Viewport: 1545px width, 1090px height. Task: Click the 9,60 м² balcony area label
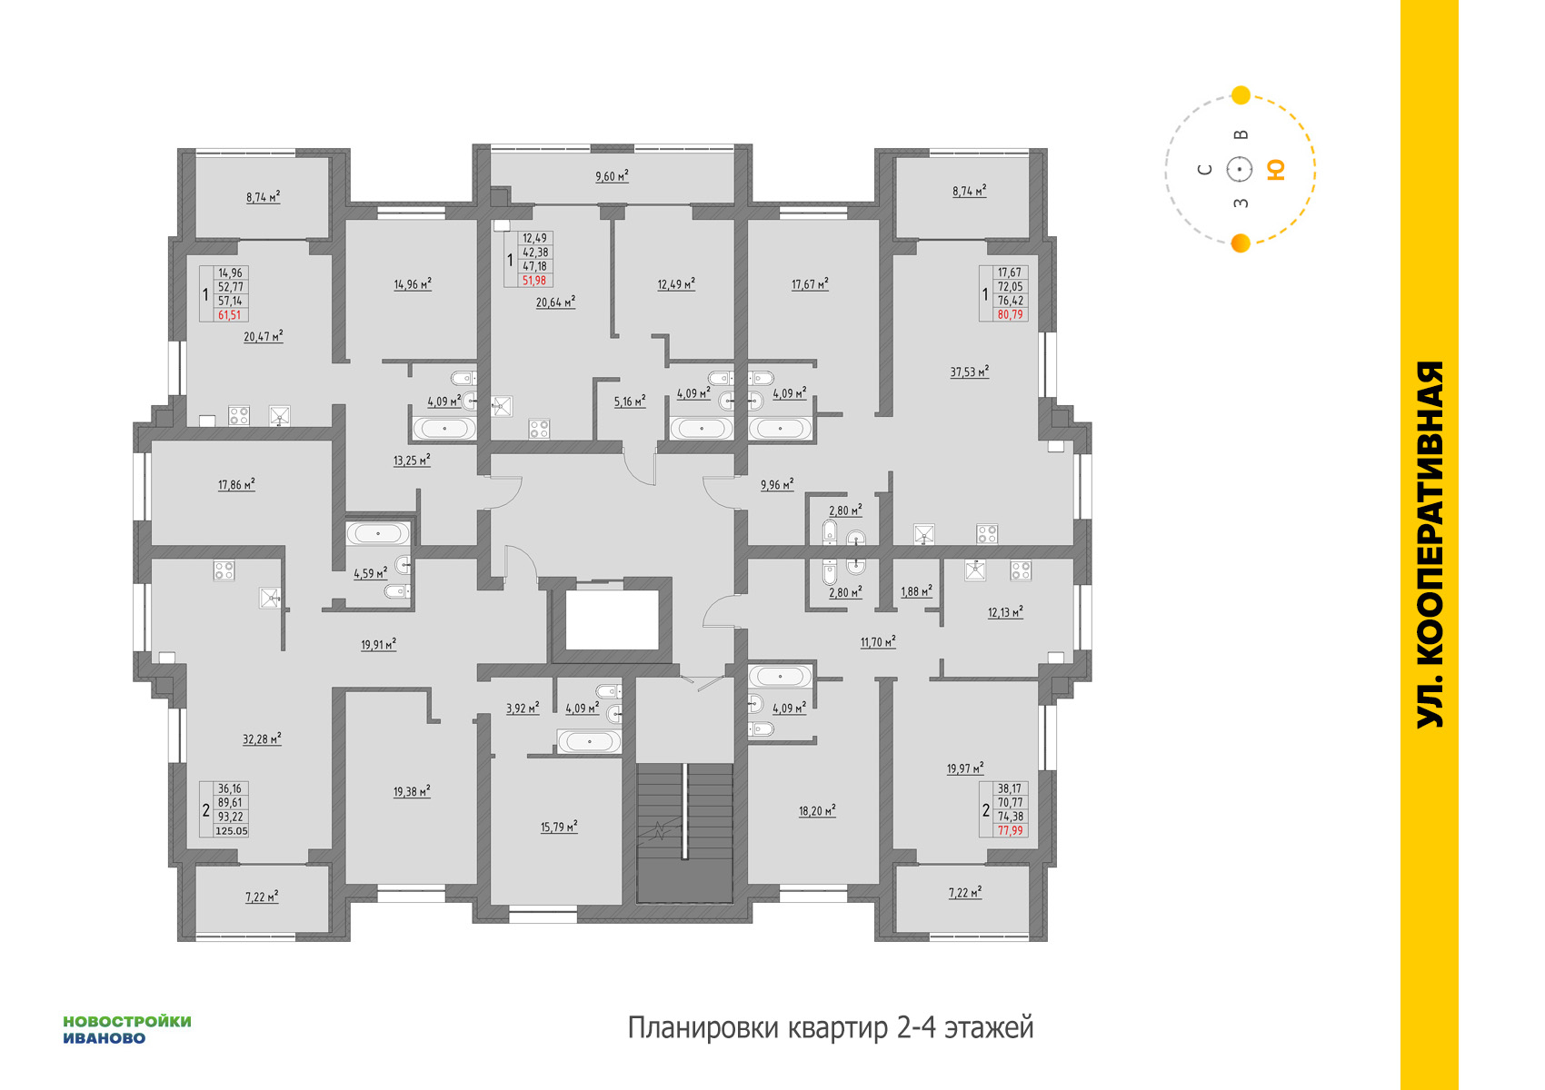coord(612,176)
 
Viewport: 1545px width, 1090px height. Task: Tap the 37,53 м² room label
coord(969,372)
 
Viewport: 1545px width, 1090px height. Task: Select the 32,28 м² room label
coord(262,739)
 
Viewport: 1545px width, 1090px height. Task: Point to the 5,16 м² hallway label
coord(630,401)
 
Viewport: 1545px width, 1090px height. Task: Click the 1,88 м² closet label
coord(916,591)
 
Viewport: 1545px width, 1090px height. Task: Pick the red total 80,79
coord(1010,314)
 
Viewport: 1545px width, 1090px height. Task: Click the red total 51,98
coord(533,280)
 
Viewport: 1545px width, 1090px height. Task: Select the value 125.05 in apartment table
coord(231,831)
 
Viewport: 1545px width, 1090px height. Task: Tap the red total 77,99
coord(1010,831)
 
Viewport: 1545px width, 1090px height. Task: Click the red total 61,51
coord(230,315)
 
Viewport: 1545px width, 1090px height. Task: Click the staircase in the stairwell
coord(684,832)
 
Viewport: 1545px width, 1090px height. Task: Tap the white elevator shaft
coord(612,619)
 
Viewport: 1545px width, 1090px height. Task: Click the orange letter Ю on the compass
coord(1276,170)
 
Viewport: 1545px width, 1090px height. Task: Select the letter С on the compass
coord(1205,170)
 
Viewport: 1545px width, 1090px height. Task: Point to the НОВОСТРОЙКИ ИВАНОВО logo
coord(127,1030)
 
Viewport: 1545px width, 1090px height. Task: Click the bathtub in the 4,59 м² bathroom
coord(378,533)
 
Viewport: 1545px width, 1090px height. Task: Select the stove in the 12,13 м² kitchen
coord(1021,570)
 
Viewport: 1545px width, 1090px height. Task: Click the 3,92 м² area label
coord(523,708)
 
